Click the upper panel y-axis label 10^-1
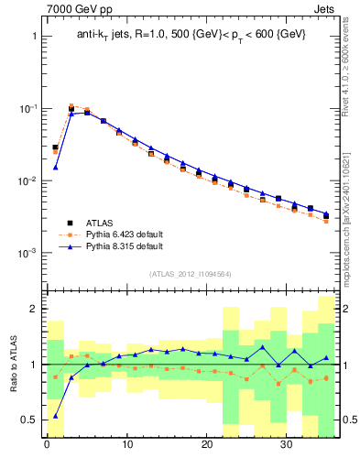[x=27, y=108]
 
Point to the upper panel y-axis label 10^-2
[x=27, y=180]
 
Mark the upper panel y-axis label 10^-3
[x=27, y=253]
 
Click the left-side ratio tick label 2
[x=33, y=309]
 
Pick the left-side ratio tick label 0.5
[x=28, y=420]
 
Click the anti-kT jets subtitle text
[x=191, y=34]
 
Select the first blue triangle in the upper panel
[x=55, y=168]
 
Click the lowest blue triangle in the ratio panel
[x=55, y=416]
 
